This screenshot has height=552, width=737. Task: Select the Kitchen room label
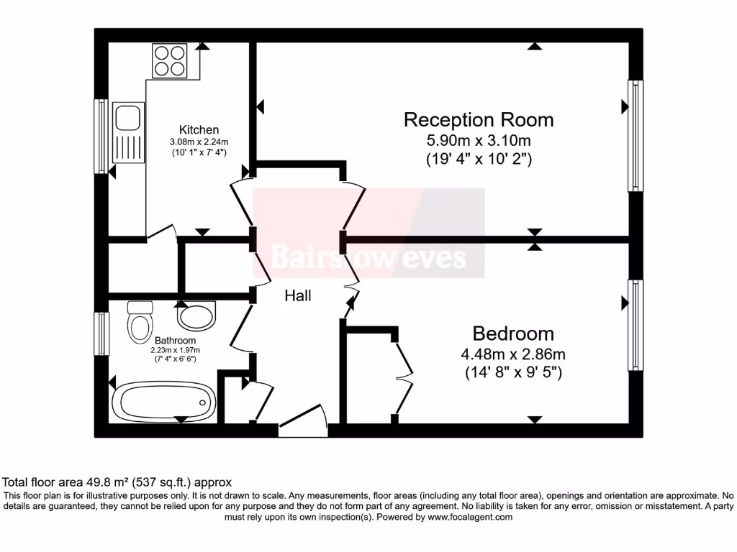tap(199, 129)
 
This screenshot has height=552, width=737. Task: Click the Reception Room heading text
tap(479, 119)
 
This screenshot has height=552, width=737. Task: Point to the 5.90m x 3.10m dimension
tap(479, 140)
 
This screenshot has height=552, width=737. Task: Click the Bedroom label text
tap(513, 333)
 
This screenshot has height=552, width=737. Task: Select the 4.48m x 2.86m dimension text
tap(513, 354)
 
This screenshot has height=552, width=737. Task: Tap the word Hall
tap(298, 295)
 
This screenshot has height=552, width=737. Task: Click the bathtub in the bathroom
tap(165, 400)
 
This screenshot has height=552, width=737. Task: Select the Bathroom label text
tap(174, 340)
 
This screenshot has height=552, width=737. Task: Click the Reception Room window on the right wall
tap(636, 134)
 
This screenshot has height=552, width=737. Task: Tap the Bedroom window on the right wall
tap(636, 325)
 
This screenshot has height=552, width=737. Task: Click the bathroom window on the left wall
tap(101, 333)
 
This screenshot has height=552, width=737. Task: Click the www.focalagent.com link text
tap(470, 517)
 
